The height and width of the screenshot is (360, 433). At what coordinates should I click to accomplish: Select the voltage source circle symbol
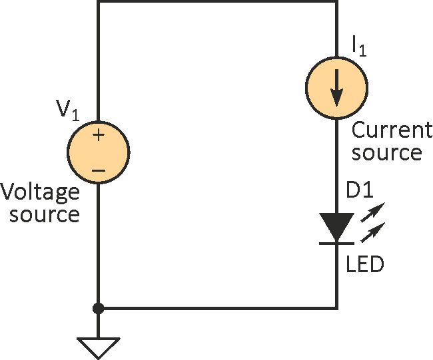click(99, 152)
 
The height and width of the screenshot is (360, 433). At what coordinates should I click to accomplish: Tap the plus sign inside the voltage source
click(99, 135)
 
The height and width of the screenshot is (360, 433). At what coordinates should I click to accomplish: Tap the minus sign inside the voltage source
click(99, 170)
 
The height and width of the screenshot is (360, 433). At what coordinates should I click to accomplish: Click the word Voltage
click(40, 194)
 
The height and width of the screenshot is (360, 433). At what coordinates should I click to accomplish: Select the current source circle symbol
click(336, 87)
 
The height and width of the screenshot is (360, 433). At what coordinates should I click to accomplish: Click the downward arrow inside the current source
click(336, 87)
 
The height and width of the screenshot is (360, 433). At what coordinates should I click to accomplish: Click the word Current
click(386, 129)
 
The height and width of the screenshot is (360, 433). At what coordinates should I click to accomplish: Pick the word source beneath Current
click(387, 153)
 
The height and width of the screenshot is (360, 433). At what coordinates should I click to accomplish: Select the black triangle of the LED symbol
click(336, 226)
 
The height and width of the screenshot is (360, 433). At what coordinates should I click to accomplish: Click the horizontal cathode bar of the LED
click(336, 243)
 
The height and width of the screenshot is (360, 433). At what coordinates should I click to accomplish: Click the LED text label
click(365, 265)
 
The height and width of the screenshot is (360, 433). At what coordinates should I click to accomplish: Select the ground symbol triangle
click(99, 347)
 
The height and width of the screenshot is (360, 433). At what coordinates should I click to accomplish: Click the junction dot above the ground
click(99, 309)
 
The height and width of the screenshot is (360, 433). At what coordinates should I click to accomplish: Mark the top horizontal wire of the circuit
click(217, 2)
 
